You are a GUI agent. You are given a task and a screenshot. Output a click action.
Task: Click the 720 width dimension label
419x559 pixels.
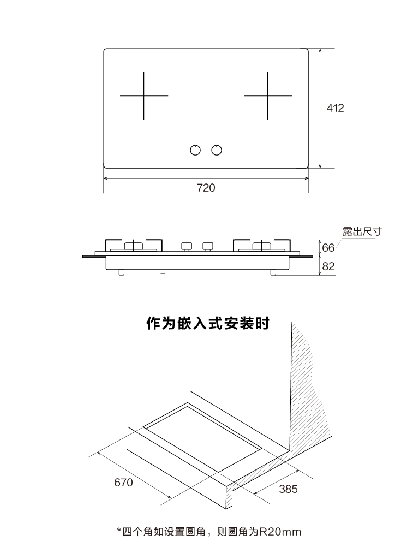click(x=206, y=188)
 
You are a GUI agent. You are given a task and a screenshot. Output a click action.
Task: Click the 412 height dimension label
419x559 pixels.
click(x=336, y=108)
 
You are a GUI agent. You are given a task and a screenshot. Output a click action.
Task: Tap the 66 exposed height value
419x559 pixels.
click(x=328, y=247)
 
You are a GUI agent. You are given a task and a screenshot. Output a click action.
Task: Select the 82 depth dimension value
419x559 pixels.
click(x=328, y=266)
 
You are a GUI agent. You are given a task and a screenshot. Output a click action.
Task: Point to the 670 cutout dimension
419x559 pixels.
click(x=123, y=483)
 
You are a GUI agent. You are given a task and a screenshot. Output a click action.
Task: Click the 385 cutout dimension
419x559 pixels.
click(x=288, y=489)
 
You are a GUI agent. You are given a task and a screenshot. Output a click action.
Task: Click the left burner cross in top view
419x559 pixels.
click(x=143, y=96)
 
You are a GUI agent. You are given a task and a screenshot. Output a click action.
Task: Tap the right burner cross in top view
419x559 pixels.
click(x=267, y=96)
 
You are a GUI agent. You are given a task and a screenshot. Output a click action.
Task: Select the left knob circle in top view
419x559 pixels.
click(x=195, y=150)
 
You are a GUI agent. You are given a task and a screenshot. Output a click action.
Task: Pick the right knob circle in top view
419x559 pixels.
click(x=217, y=150)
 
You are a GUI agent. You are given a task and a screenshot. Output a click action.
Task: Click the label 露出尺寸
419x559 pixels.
click(x=362, y=231)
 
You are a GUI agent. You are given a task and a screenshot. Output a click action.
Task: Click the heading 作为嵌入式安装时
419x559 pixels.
click(x=208, y=324)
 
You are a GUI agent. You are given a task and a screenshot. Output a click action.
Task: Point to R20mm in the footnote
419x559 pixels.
click(x=280, y=532)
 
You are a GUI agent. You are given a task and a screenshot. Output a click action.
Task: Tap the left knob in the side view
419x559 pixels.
click(x=187, y=247)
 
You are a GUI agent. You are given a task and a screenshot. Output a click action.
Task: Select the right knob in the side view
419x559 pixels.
click(x=208, y=247)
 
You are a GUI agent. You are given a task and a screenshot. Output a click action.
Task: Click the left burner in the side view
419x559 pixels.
click(x=133, y=246)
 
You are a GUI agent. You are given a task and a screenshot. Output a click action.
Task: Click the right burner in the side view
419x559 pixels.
click(x=262, y=246)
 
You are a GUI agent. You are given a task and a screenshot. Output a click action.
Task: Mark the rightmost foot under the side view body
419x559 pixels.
click(x=273, y=272)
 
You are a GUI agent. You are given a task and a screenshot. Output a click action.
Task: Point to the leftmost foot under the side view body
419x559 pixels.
click(x=122, y=272)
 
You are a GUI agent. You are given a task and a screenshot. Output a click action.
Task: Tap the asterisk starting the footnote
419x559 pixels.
click(x=119, y=531)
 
